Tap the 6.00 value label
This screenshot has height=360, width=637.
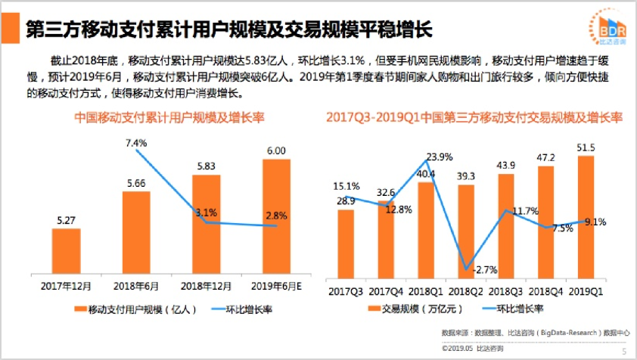[x=276, y=151]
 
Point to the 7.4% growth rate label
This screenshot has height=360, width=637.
[x=135, y=142]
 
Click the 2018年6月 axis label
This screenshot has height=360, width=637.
[x=135, y=285]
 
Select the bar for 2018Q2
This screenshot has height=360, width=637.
[x=467, y=227]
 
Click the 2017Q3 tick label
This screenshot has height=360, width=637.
[x=345, y=290]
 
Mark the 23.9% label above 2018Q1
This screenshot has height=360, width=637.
[x=439, y=157]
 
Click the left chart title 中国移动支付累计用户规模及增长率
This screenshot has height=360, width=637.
[x=163, y=118]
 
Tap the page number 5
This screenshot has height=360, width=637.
[x=624, y=351]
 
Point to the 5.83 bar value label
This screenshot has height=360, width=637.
[x=207, y=166]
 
